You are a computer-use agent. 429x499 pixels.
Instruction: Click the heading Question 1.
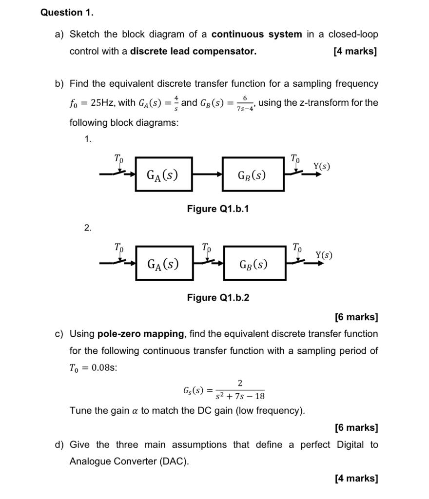pyautogui.click(x=67, y=13)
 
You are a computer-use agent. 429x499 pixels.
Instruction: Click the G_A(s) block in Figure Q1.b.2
pyautogui.click(x=164, y=263)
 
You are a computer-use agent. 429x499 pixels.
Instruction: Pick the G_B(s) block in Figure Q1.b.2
pyautogui.click(x=253, y=263)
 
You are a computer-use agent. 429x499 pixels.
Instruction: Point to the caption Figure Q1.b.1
pyautogui.click(x=218, y=209)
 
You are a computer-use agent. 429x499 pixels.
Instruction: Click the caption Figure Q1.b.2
pyautogui.click(x=218, y=298)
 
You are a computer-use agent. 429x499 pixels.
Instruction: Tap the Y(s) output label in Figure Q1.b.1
pyautogui.click(x=321, y=166)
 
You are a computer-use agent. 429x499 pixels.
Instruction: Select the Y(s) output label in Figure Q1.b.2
pyautogui.click(x=324, y=254)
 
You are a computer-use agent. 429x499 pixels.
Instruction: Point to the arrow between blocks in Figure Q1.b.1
pyautogui.click(x=207, y=174)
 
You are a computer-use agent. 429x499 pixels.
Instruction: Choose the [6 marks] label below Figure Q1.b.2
pyautogui.click(x=356, y=317)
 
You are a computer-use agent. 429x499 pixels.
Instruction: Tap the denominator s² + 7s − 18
pyautogui.click(x=240, y=396)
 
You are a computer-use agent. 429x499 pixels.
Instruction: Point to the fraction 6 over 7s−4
pyautogui.click(x=245, y=103)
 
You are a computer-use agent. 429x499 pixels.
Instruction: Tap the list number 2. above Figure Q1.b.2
pyautogui.click(x=87, y=228)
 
